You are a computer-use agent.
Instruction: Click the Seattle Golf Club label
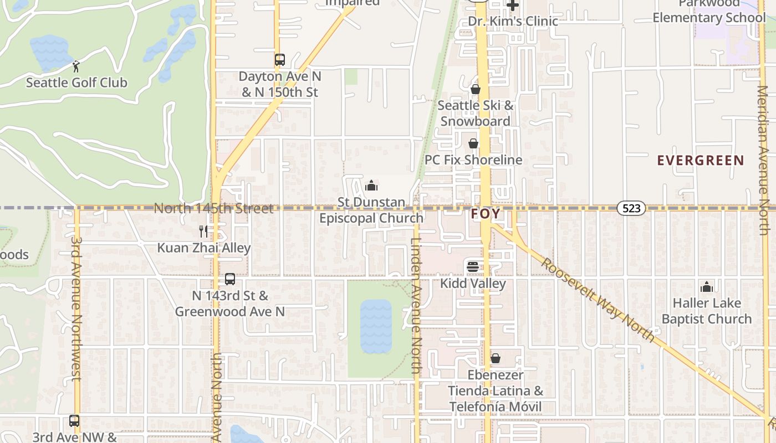point(76,83)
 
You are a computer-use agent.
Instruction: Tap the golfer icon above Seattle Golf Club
point(76,66)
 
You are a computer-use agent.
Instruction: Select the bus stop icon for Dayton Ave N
point(280,60)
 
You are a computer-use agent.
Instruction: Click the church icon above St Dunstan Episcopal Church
point(371,185)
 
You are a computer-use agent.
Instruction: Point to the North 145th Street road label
point(213,209)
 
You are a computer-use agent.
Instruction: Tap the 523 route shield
point(631,208)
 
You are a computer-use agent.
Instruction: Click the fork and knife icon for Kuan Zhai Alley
point(203,231)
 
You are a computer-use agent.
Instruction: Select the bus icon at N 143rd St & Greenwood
point(230,279)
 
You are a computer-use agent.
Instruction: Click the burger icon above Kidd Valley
point(473,267)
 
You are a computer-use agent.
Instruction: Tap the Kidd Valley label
point(473,284)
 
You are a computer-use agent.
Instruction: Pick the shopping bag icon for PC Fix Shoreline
point(473,143)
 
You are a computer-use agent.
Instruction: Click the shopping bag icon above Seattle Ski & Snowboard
point(475,89)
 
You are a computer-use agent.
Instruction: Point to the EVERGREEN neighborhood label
point(701,161)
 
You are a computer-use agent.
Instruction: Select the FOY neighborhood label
point(486,214)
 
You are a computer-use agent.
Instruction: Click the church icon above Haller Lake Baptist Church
point(707,287)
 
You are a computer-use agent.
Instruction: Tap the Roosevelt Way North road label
point(599,299)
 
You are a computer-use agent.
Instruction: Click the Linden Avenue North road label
point(417,305)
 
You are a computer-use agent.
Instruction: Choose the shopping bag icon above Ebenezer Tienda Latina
point(496,358)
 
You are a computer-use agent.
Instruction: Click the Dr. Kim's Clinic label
point(513,21)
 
